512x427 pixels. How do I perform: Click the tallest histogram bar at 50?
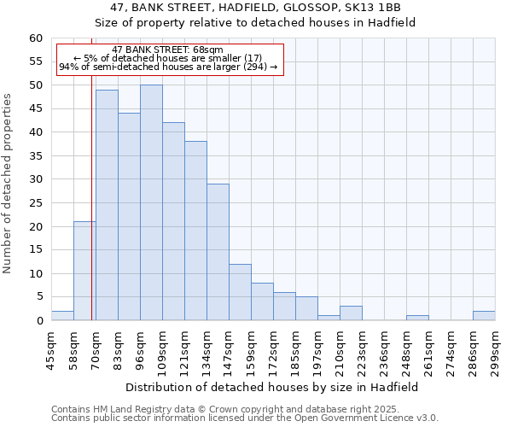(151, 203)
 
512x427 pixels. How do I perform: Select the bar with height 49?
(107, 205)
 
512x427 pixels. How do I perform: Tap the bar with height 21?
(84, 271)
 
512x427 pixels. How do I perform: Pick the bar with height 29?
(218, 252)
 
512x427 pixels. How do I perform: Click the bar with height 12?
(240, 292)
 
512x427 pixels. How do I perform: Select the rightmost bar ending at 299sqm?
(484, 316)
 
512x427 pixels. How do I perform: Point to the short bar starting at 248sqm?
(417, 318)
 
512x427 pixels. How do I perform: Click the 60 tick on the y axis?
(36, 38)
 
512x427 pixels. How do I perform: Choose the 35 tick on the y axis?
(36, 156)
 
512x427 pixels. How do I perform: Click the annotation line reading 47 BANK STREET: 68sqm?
(167, 50)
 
